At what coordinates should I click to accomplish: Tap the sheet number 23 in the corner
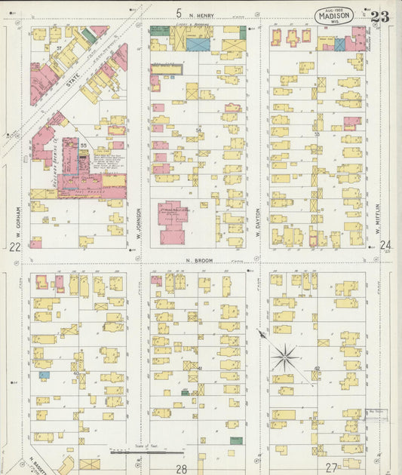pyautogui.click(x=379, y=17)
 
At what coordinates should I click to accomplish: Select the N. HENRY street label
pyautogui.click(x=202, y=14)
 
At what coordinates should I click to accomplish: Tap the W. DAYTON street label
pyautogui.click(x=257, y=218)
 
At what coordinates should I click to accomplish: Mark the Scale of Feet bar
pyautogui.click(x=148, y=452)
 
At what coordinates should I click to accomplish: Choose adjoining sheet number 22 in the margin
pyautogui.click(x=14, y=247)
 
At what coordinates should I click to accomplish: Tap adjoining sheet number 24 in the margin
pyautogui.click(x=385, y=246)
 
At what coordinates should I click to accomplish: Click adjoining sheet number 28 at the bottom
pyautogui.click(x=181, y=468)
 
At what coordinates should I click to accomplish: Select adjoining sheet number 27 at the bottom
pyautogui.click(x=331, y=467)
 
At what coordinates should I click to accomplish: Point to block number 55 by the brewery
pyautogui.click(x=84, y=144)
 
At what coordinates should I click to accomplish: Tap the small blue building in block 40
pyautogui.click(x=44, y=375)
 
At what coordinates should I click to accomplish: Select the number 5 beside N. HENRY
pyautogui.click(x=179, y=13)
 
